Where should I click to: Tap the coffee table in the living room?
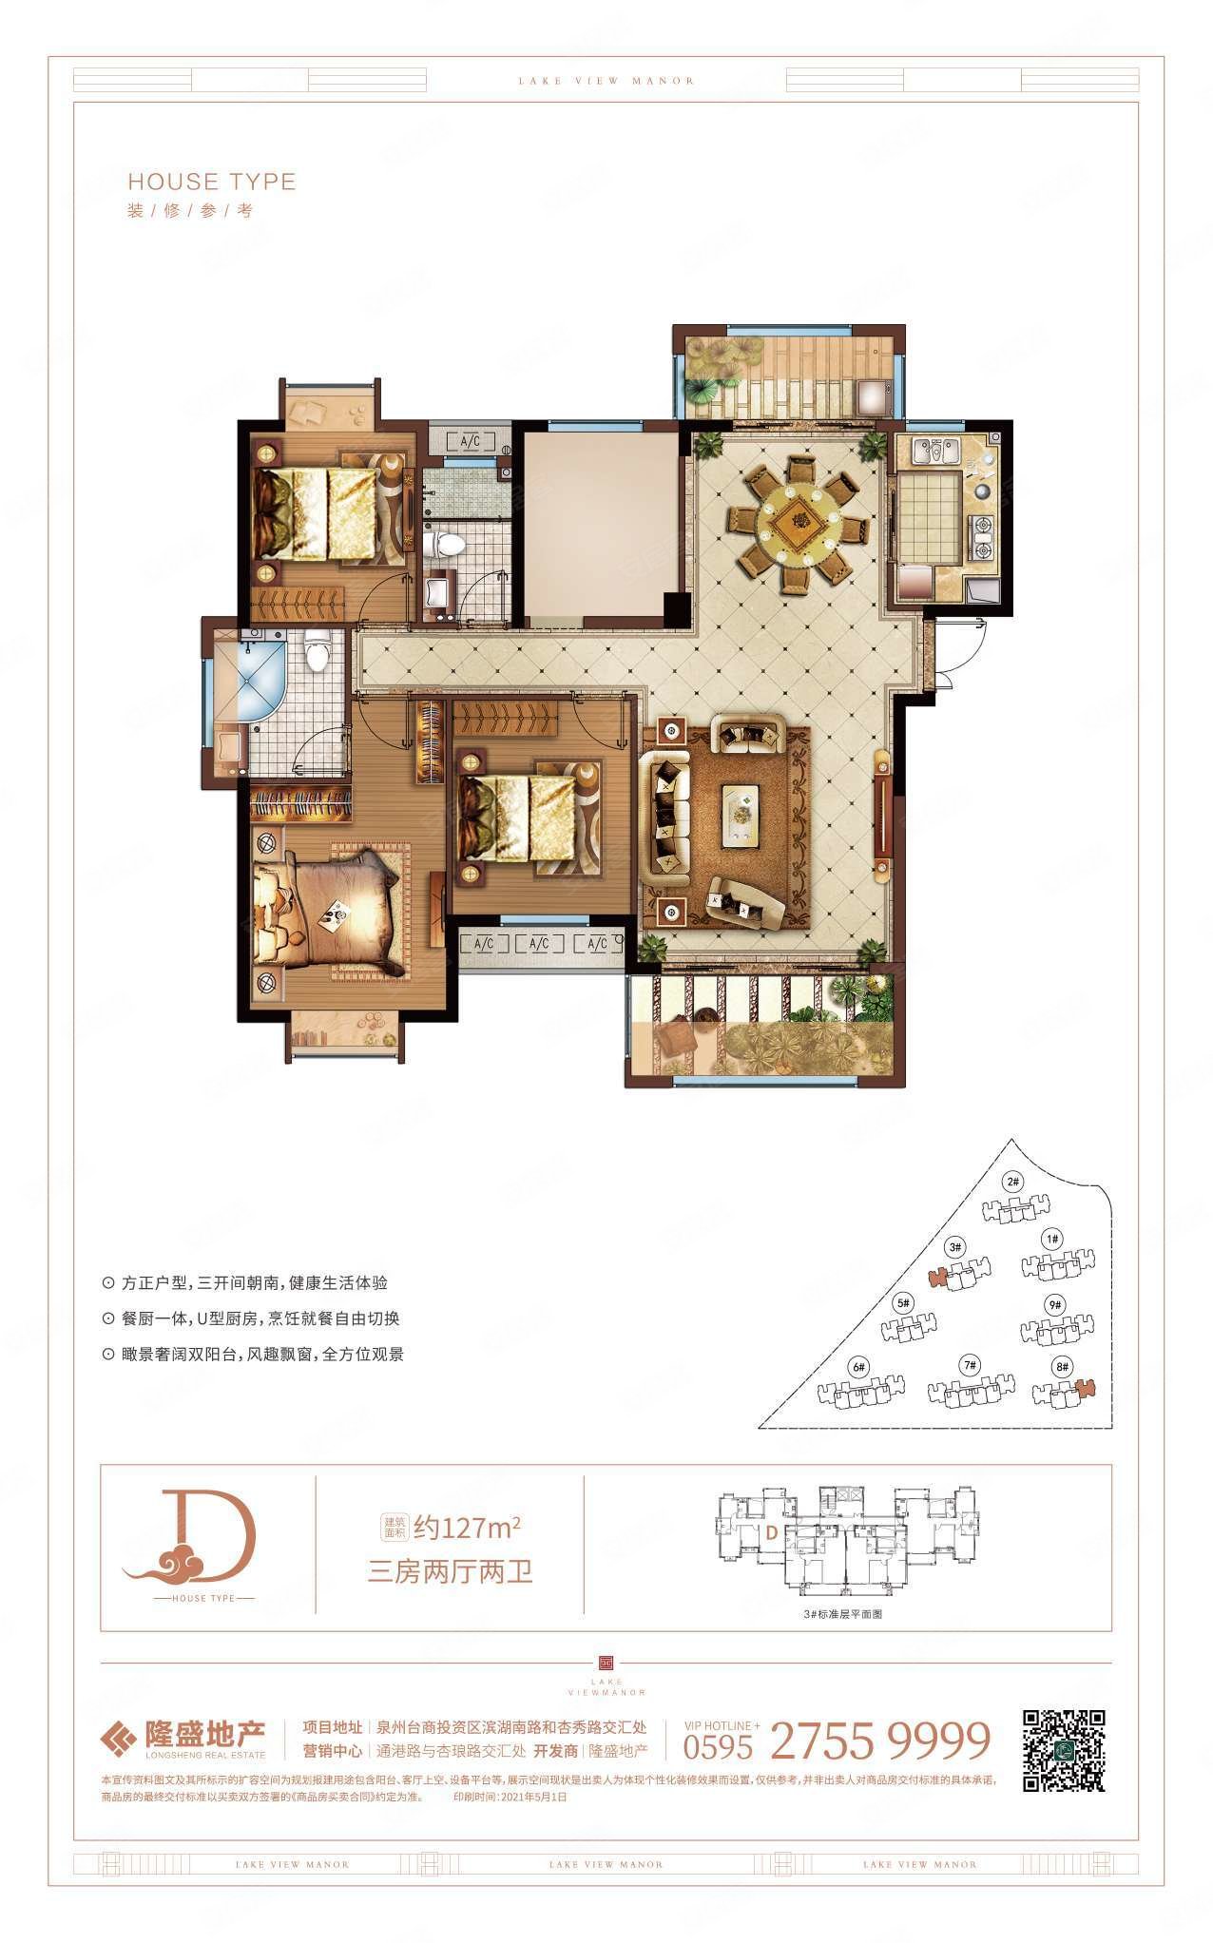point(746,815)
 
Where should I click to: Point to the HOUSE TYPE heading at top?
point(212,182)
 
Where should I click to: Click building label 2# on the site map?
point(1011,1183)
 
